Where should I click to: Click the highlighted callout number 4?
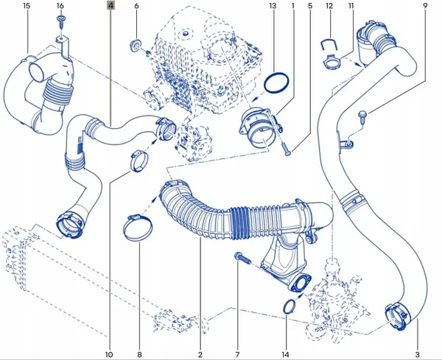(x=110, y=5)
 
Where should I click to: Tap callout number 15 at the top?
(x=27, y=6)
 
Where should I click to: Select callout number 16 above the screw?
(x=60, y=6)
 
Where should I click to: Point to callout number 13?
(x=273, y=6)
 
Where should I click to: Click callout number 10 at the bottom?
(x=109, y=355)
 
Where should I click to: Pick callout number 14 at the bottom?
(x=285, y=355)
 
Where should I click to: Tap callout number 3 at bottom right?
(x=417, y=355)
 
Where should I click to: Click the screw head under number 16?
(x=60, y=18)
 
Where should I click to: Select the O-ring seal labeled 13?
(x=276, y=82)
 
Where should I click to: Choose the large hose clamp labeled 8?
(x=138, y=228)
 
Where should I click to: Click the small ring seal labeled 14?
(x=289, y=307)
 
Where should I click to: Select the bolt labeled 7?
(x=242, y=258)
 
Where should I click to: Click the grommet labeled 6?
(x=136, y=46)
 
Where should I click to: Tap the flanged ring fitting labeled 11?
(x=332, y=62)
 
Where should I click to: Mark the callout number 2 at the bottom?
(x=200, y=355)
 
